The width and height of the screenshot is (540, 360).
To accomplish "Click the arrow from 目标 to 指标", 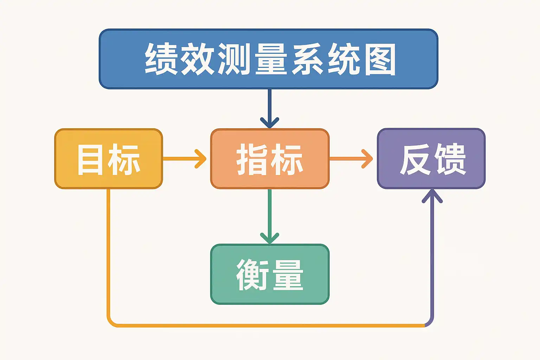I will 185,159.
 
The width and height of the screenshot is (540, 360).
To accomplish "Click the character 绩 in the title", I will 161,59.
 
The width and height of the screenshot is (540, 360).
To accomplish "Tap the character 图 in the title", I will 380,59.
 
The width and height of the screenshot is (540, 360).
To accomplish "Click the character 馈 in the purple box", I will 450,159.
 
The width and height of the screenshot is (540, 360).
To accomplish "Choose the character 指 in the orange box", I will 252,160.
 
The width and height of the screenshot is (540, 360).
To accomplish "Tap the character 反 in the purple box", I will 415,160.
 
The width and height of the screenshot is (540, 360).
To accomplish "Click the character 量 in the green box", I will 288,275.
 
